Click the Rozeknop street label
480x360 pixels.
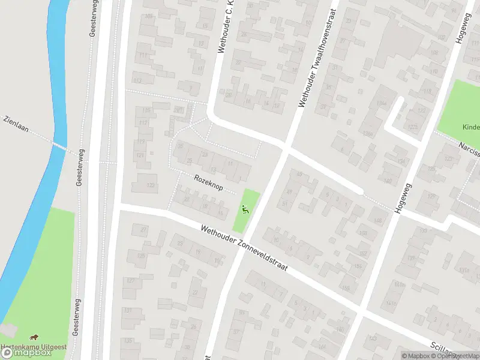(208, 183)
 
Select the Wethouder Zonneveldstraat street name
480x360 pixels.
(245, 247)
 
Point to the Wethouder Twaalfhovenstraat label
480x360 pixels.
(318, 57)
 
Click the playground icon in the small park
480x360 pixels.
(245, 210)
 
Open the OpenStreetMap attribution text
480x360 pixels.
(457, 356)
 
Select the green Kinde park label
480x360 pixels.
(470, 127)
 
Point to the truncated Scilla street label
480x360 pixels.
(455, 350)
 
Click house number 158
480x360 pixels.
(345, 289)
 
